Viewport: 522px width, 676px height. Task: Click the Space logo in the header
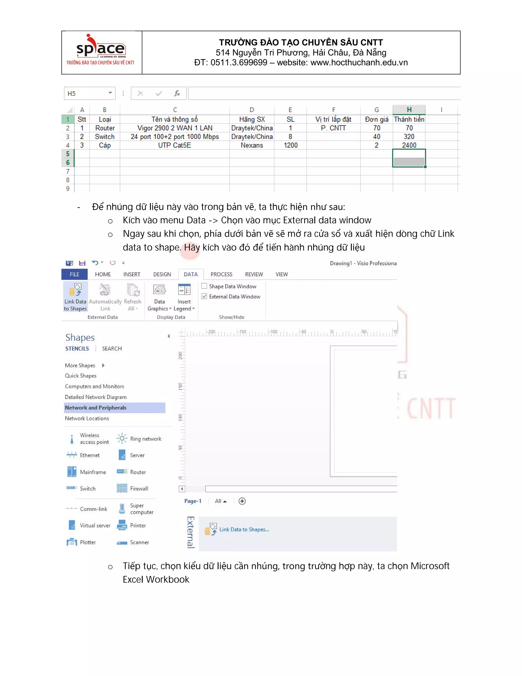[x=101, y=49]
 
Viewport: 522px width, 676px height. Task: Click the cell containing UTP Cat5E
[x=174, y=145]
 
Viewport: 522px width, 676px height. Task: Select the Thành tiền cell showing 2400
[x=409, y=145]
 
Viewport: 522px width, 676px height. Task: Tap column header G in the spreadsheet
[x=376, y=110]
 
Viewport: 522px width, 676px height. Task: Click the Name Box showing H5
[x=87, y=93]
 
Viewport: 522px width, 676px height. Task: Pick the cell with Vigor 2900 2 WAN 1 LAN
[x=175, y=128]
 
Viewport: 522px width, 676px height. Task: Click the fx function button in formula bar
[x=177, y=93]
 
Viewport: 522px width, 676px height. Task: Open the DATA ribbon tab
[x=190, y=274]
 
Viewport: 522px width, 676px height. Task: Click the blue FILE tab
[x=74, y=274]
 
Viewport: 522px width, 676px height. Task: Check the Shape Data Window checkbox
[x=204, y=286]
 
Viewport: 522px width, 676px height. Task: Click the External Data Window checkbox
[x=204, y=296]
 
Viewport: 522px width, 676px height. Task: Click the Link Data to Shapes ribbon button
[x=75, y=296]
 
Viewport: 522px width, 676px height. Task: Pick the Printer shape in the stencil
[x=122, y=525]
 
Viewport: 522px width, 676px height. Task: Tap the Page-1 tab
[x=193, y=501]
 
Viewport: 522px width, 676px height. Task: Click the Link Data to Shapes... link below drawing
[x=244, y=529]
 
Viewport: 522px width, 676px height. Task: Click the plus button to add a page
[x=242, y=501]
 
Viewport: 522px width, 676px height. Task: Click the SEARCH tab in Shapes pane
[x=112, y=348]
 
